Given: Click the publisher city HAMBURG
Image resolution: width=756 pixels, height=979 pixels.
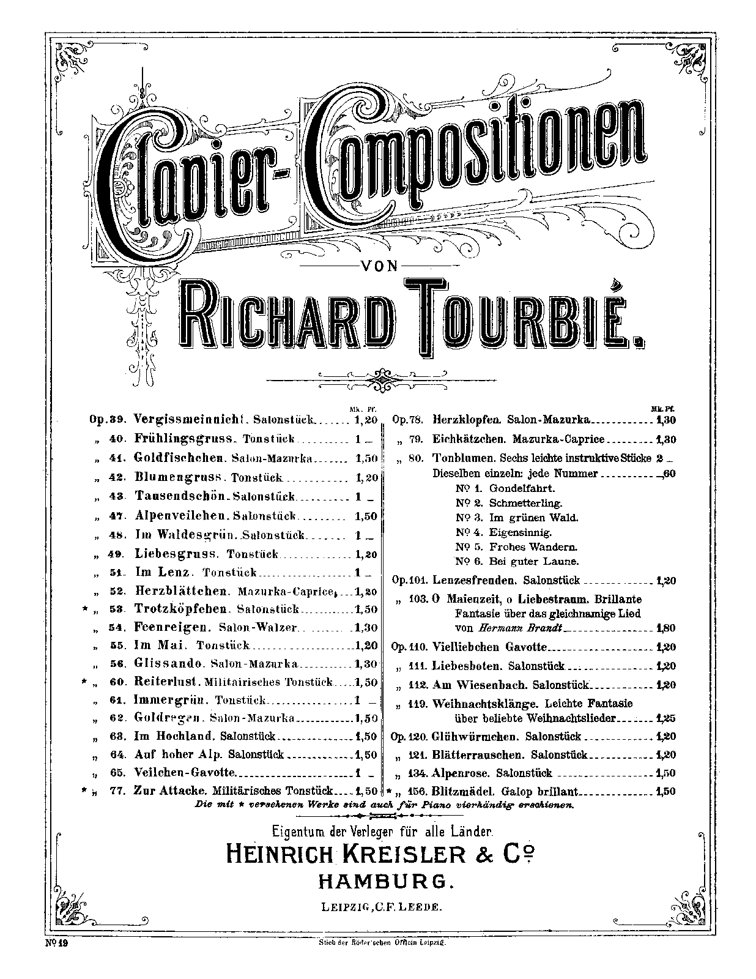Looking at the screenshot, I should tap(386, 880).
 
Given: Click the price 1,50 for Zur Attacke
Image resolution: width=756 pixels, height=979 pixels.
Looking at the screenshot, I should tap(366, 791).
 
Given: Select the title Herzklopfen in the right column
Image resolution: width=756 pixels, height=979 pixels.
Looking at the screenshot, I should tap(469, 420).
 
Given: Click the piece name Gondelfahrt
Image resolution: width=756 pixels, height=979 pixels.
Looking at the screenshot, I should tap(521, 488).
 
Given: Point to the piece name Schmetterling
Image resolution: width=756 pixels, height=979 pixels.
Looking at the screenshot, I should tap(525, 503).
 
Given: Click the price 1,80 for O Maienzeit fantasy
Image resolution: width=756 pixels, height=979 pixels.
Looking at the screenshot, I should tap(665, 628).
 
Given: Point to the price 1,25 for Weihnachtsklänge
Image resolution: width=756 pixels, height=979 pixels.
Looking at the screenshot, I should tap(665, 719).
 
